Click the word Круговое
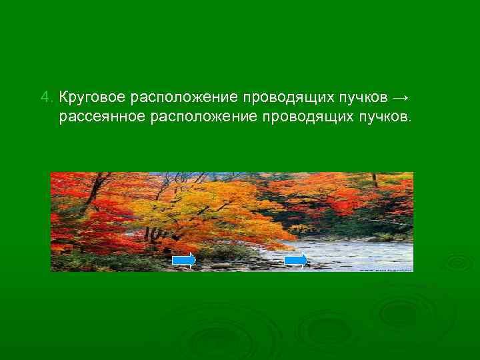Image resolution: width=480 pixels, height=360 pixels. pyautogui.click(x=92, y=98)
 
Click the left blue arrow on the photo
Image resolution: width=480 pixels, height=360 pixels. pyautogui.click(x=184, y=260)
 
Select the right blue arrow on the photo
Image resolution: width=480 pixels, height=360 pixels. pyautogui.click(x=296, y=260)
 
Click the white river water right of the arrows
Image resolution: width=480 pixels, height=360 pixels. pyautogui.click(x=360, y=253)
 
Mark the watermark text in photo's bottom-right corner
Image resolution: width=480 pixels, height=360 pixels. pyautogui.click(x=385, y=269)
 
